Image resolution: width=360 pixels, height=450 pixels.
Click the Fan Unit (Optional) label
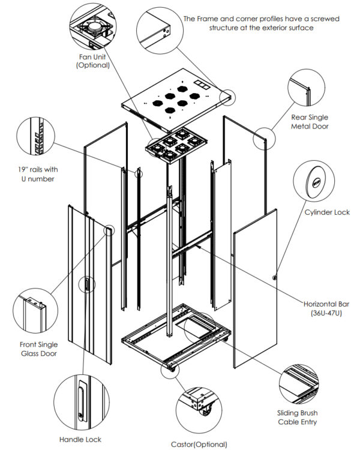[92, 61]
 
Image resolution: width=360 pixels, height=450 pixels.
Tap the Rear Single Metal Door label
[310, 122]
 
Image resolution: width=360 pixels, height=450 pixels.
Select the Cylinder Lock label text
[327, 212]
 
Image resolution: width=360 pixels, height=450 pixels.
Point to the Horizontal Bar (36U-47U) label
[326, 308]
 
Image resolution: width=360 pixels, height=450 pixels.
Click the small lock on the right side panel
[274, 277]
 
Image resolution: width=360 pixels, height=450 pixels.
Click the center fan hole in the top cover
[178, 101]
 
